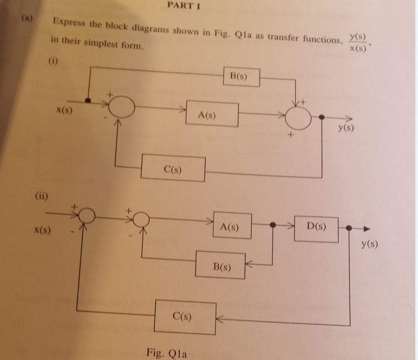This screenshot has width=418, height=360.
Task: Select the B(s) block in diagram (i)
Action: click(x=241, y=77)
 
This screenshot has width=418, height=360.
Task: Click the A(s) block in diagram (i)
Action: click(x=212, y=115)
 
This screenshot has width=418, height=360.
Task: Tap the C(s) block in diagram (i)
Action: click(x=173, y=169)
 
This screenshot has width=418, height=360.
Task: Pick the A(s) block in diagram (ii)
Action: click(x=232, y=227)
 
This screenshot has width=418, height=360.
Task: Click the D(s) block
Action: click(x=316, y=229)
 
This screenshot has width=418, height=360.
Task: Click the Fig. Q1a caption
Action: click(x=166, y=353)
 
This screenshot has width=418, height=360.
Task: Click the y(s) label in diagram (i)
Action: click(x=345, y=128)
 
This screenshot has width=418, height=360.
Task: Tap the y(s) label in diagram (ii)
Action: click(x=368, y=244)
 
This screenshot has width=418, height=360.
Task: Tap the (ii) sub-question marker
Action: click(x=42, y=195)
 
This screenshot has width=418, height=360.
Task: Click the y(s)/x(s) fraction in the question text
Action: click(x=357, y=43)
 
